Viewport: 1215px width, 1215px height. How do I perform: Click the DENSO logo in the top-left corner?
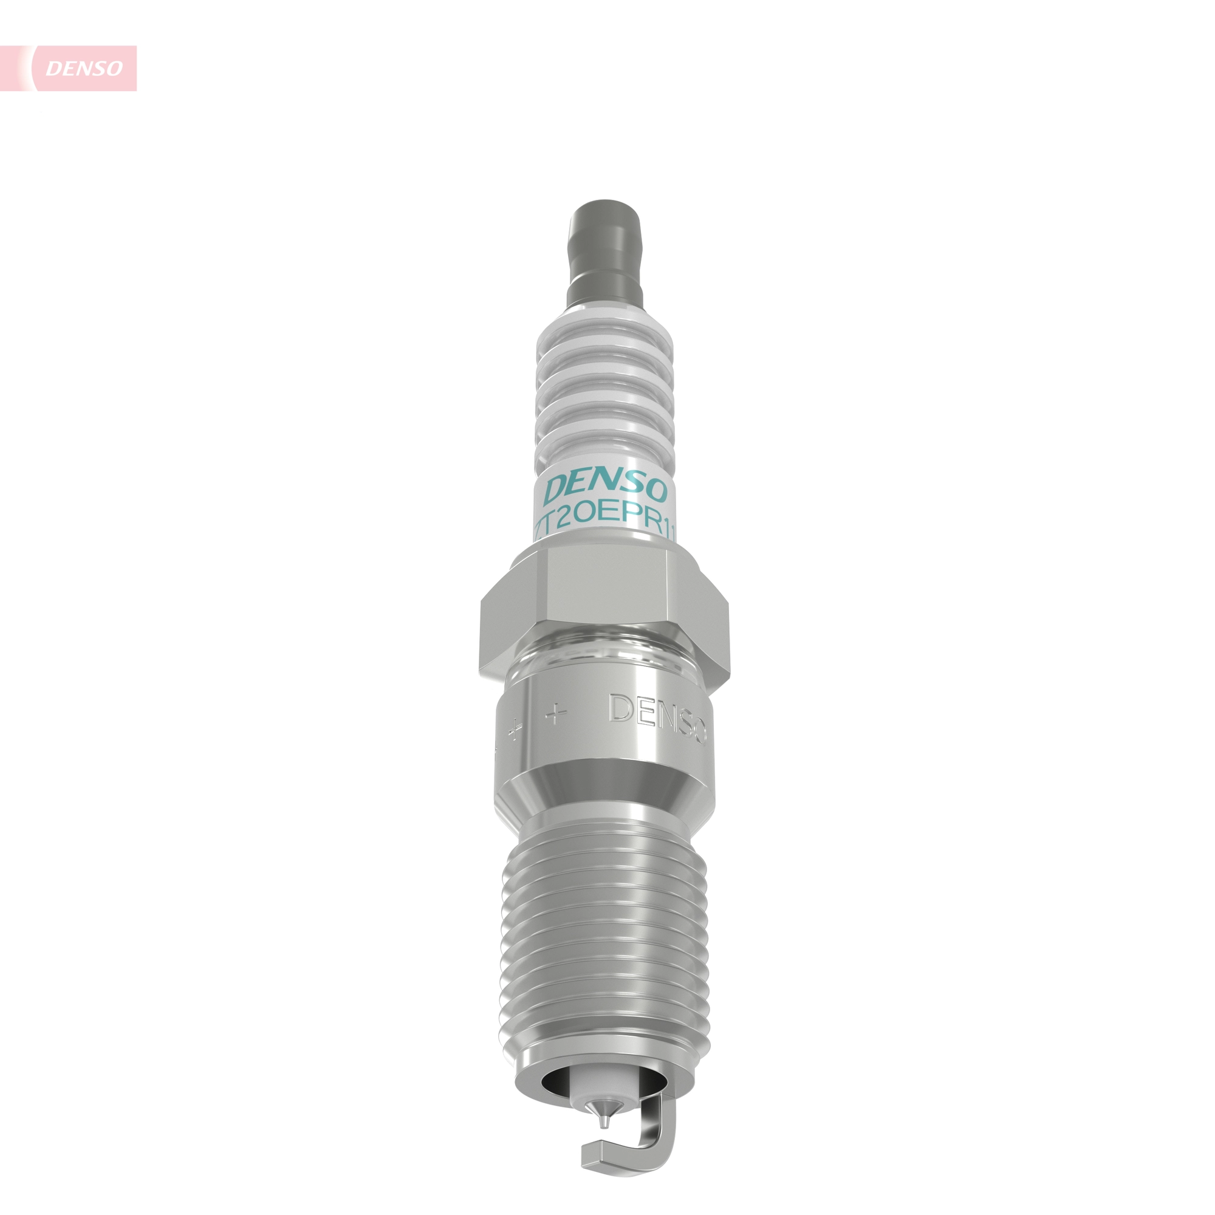83,68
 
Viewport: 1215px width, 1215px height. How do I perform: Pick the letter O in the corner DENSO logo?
114,69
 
